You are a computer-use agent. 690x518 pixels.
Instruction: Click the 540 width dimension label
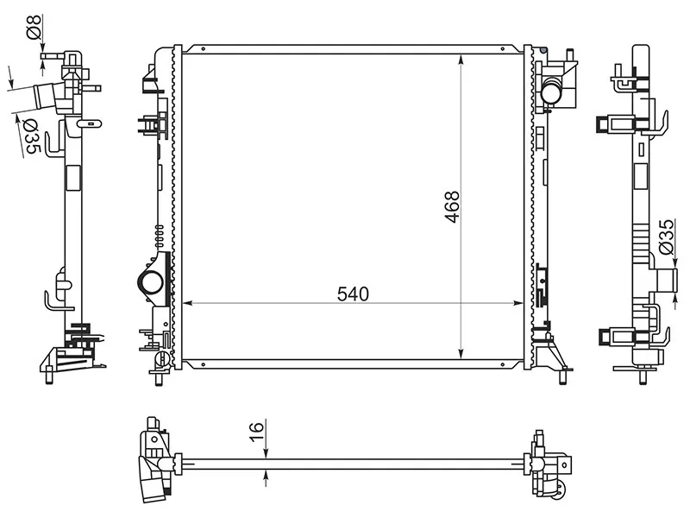click(x=353, y=294)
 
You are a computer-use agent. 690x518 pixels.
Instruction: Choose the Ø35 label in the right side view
click(x=665, y=237)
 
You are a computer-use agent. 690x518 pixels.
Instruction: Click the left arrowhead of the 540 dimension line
click(x=184, y=303)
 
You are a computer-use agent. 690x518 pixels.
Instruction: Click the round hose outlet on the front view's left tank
click(x=150, y=282)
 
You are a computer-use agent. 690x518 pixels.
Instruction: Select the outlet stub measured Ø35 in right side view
click(x=665, y=281)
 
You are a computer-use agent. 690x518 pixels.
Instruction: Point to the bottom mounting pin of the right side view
click(x=644, y=375)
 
